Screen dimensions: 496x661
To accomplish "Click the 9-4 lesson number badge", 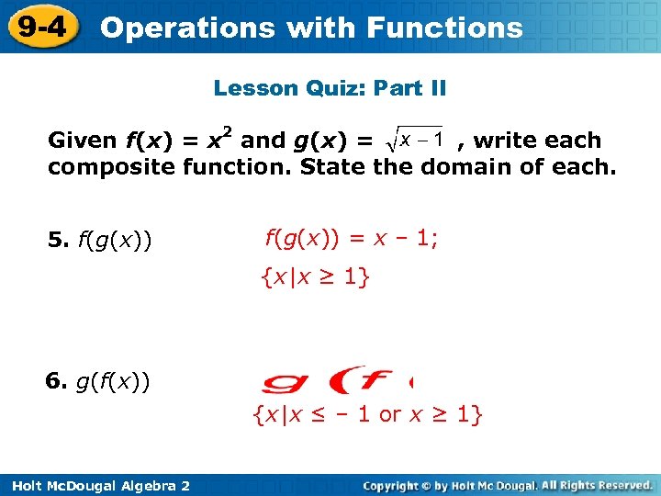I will point(41,26).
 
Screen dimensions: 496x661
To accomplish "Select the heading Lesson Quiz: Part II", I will point(330,88).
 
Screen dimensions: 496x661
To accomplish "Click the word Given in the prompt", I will point(82,141).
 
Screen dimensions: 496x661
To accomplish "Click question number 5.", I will point(58,242).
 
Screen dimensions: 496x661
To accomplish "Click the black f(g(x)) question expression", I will point(115,242).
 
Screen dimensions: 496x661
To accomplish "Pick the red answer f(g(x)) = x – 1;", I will point(352,239).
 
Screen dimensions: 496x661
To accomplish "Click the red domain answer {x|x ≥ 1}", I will point(315,276).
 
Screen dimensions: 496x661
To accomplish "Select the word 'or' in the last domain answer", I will point(390,414).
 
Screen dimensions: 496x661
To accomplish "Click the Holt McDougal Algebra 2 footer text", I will point(96,485).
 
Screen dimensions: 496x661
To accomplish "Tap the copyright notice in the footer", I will point(508,485).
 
